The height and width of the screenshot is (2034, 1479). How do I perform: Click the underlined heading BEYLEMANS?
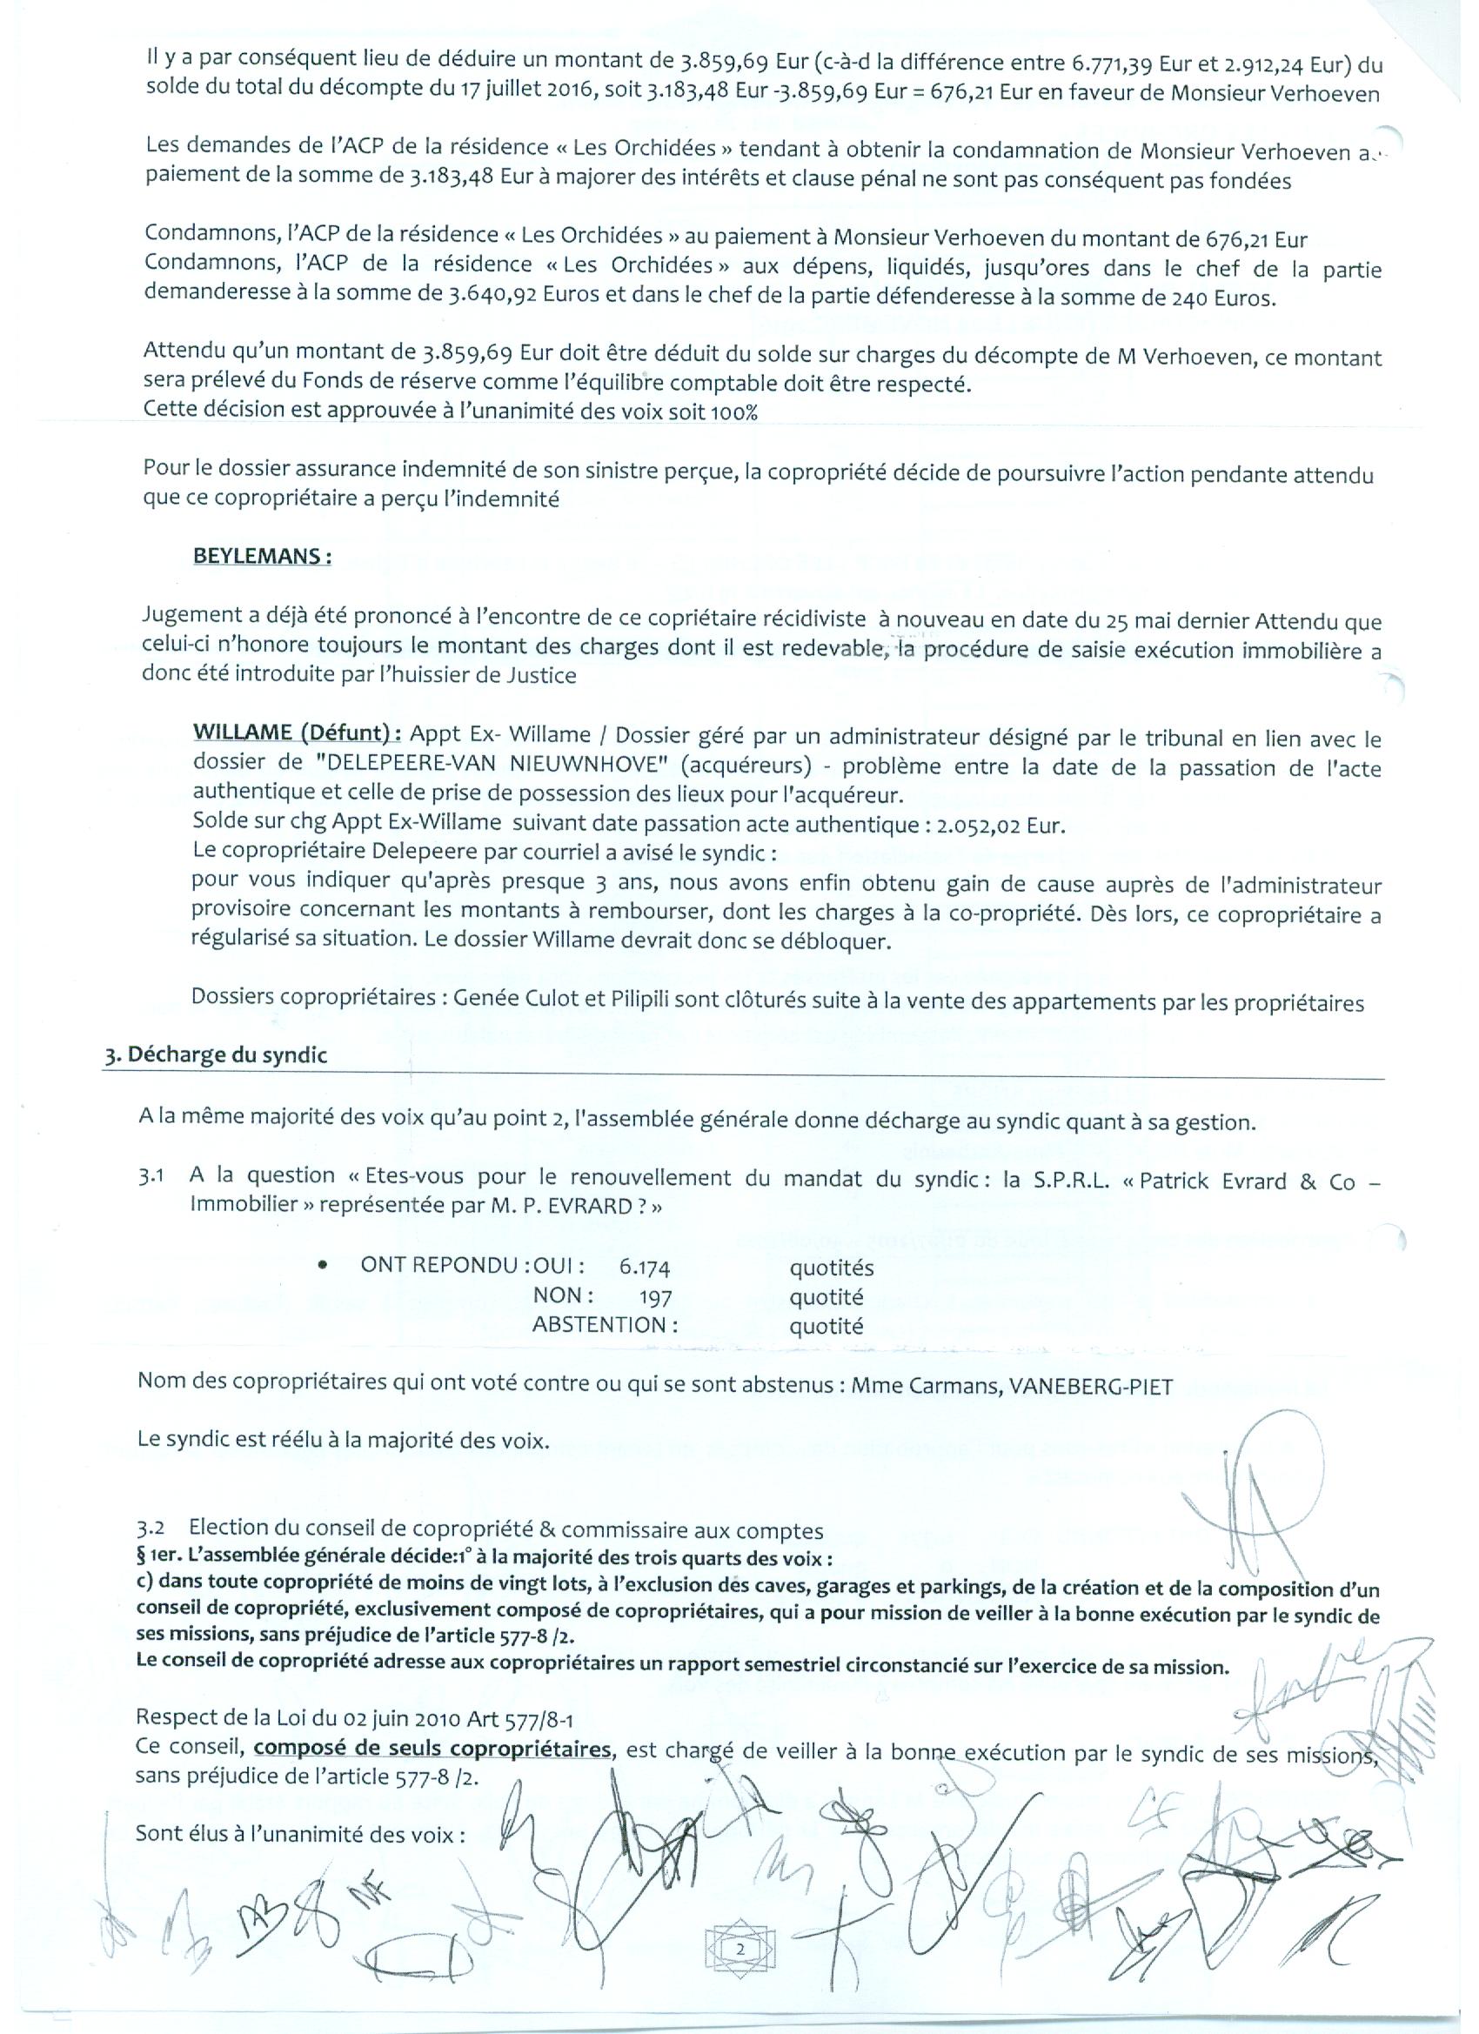(262, 556)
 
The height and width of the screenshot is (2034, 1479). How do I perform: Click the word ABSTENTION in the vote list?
(605, 1325)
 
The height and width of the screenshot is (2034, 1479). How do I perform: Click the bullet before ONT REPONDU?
(322, 1265)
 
